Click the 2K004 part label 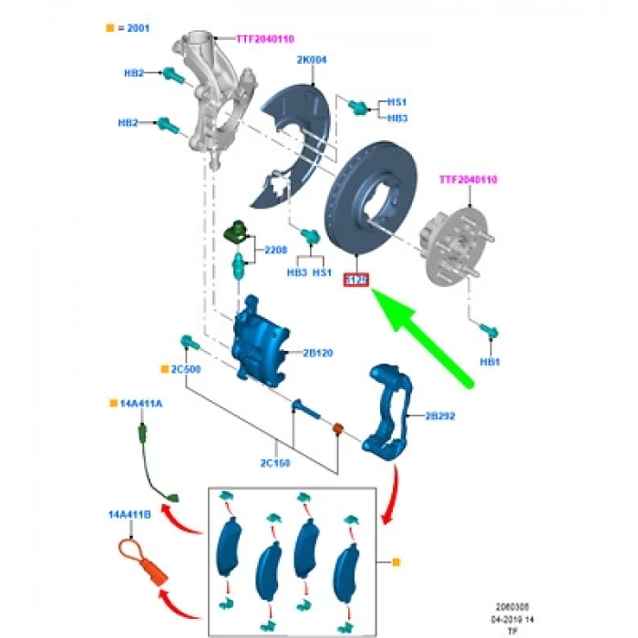312,60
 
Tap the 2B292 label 440,417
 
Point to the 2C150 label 274,463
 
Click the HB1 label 490,362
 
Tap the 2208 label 275,249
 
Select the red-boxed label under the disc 354,280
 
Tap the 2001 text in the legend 136,28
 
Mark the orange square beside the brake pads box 396,563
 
